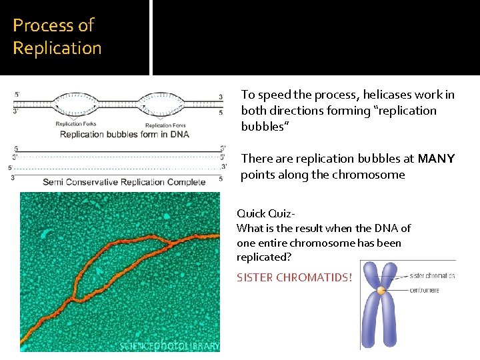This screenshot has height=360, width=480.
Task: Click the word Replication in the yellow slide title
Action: click(x=57, y=49)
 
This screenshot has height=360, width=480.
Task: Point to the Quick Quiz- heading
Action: click(x=266, y=213)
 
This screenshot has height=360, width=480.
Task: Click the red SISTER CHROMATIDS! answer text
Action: click(x=294, y=277)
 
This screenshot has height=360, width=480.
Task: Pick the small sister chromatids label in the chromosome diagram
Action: click(x=432, y=275)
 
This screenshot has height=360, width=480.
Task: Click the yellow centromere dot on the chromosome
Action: click(x=381, y=291)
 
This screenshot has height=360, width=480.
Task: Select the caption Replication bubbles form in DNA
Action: click(x=125, y=134)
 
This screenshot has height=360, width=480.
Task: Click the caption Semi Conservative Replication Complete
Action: click(x=124, y=182)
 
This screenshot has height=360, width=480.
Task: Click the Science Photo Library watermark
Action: click(x=169, y=345)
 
